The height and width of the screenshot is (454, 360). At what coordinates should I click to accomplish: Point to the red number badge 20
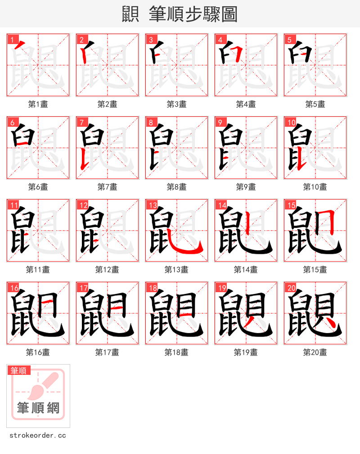click(x=291, y=288)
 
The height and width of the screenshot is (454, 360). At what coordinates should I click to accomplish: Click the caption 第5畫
click(x=315, y=104)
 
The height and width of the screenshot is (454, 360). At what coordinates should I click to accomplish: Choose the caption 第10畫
click(x=315, y=187)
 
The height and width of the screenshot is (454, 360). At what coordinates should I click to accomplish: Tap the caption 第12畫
click(x=107, y=270)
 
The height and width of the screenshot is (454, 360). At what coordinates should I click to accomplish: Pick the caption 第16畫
click(x=38, y=352)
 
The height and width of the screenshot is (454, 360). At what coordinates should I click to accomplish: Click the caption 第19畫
click(x=246, y=352)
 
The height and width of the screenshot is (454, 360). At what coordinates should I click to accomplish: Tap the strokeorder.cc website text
click(x=38, y=436)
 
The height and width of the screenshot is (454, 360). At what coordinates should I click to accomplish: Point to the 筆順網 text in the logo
click(x=38, y=408)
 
